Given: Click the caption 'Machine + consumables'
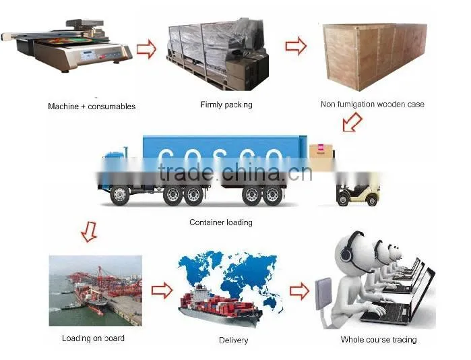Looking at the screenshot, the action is (x=92, y=107).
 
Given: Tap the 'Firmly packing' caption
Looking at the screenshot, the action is (x=226, y=105).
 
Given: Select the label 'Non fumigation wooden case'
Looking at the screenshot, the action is (x=373, y=104).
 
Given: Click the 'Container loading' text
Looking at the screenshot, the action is (x=221, y=222).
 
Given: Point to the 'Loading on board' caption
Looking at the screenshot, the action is (x=93, y=338).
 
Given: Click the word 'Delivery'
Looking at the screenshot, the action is (x=233, y=340).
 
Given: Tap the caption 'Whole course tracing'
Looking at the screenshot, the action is (x=379, y=340).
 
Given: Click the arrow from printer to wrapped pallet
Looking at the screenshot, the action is (x=147, y=49).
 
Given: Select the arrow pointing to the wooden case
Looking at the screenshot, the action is (x=296, y=46).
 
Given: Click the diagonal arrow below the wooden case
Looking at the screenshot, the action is (x=352, y=122).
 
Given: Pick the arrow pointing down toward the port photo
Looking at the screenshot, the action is (x=89, y=232).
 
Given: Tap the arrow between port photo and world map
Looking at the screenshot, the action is (x=162, y=291).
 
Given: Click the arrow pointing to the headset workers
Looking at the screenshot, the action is (x=299, y=291).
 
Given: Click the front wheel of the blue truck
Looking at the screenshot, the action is (x=119, y=195).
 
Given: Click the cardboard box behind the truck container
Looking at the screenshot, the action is (x=321, y=157).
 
